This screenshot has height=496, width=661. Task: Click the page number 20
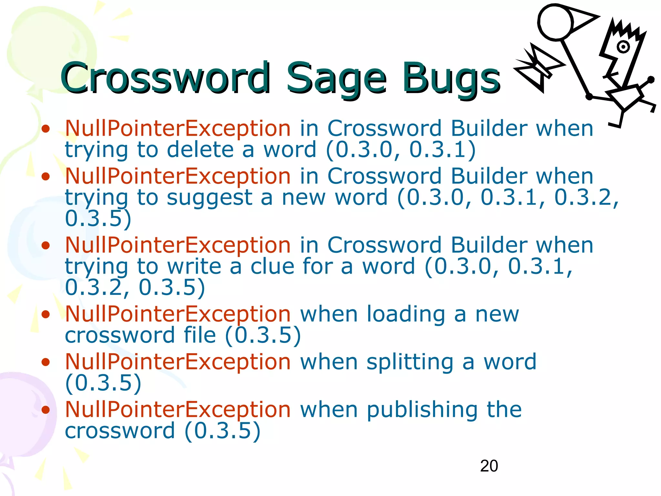coord(489,466)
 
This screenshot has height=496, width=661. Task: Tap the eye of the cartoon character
coord(623,47)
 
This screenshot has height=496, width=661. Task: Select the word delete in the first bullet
coord(200,150)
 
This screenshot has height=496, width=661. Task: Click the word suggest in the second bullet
coord(209,198)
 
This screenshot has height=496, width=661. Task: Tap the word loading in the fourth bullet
coord(406,314)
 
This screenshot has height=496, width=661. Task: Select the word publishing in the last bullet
coord(422,410)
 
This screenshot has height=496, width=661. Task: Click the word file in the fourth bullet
coord(199,335)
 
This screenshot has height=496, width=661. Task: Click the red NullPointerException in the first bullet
coord(178,129)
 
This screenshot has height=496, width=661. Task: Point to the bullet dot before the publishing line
coord(46,410)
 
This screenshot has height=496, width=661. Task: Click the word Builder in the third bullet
coord(489,245)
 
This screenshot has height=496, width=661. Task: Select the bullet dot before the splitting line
coord(46,362)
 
